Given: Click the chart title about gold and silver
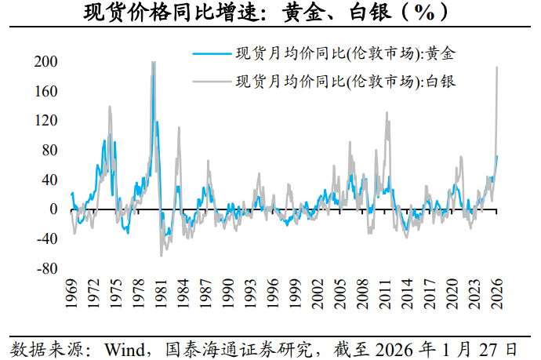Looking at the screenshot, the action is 266,13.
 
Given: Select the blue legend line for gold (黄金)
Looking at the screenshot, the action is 212,53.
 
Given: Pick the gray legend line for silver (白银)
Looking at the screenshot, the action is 212,82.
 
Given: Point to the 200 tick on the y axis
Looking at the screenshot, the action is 45,61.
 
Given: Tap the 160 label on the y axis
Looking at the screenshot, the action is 45,91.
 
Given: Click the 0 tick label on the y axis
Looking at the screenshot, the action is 53,209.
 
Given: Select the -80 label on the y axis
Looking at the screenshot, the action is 47,268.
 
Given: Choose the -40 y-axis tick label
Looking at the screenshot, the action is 47,238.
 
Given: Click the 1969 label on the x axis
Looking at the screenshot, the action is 71,294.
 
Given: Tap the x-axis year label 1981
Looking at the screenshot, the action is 161,294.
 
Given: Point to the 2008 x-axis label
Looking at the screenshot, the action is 362,294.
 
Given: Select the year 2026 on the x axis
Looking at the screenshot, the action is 497,294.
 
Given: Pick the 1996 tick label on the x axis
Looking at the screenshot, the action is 273,294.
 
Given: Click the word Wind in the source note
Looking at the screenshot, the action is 125,349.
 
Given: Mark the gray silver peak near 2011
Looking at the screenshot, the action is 387,112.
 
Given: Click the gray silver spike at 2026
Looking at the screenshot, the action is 497,67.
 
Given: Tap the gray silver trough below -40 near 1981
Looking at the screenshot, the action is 162,256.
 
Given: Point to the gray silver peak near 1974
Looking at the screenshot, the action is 110,107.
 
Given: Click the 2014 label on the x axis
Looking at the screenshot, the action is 407,294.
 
